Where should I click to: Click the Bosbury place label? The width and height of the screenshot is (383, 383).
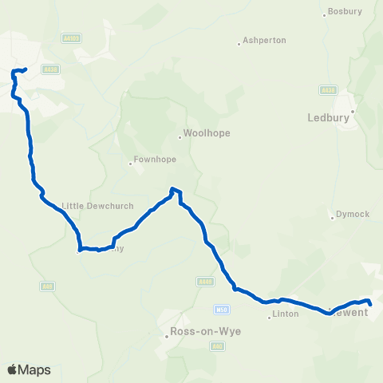pyautogui.click(x=345, y=12)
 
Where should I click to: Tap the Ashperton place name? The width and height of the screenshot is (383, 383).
pyautogui.click(x=264, y=40)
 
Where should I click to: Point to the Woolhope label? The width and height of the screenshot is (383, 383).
pyautogui.click(x=207, y=133)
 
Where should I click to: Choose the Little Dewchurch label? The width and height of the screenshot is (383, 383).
pyautogui.click(x=89, y=203)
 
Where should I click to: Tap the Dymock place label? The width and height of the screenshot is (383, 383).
pyautogui.click(x=353, y=214)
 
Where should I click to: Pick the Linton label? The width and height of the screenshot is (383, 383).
pyautogui.click(x=285, y=314)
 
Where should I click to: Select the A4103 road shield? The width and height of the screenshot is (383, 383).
pyautogui.click(x=71, y=38)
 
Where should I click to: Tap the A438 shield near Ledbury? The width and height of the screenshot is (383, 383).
pyautogui.click(x=326, y=89)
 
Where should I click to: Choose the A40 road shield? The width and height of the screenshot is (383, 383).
pyautogui.click(x=216, y=345)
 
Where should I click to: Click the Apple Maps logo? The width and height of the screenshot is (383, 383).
pyautogui.click(x=29, y=370)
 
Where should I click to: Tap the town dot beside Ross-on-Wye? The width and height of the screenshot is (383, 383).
pyautogui.click(x=166, y=336)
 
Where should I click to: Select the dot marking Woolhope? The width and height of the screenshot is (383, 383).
pyautogui.click(x=180, y=138)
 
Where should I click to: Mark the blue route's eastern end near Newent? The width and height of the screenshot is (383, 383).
pyautogui.click(x=370, y=302)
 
